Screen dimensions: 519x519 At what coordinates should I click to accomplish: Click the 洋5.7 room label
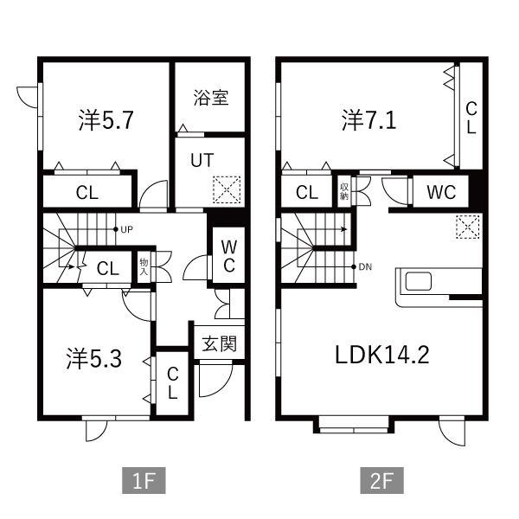(105, 121)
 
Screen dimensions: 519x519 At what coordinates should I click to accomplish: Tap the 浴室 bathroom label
(210, 98)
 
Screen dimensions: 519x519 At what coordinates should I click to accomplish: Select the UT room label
(201, 161)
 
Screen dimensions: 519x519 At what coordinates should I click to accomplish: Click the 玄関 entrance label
(220, 343)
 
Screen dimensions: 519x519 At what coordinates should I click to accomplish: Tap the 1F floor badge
(143, 478)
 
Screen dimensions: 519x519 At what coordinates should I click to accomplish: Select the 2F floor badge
(381, 478)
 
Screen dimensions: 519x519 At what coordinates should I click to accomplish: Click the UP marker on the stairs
(124, 229)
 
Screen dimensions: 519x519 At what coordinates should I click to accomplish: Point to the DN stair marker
(364, 266)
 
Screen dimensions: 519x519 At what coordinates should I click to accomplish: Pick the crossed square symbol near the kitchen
(467, 227)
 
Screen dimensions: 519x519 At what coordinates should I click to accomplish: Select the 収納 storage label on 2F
(344, 191)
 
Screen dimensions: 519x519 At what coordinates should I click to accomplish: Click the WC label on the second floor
(440, 192)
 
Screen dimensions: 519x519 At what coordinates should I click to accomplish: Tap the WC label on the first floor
(227, 255)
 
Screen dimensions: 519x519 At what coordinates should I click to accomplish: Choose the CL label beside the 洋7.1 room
(471, 118)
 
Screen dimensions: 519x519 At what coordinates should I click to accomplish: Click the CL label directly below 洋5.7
(86, 193)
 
